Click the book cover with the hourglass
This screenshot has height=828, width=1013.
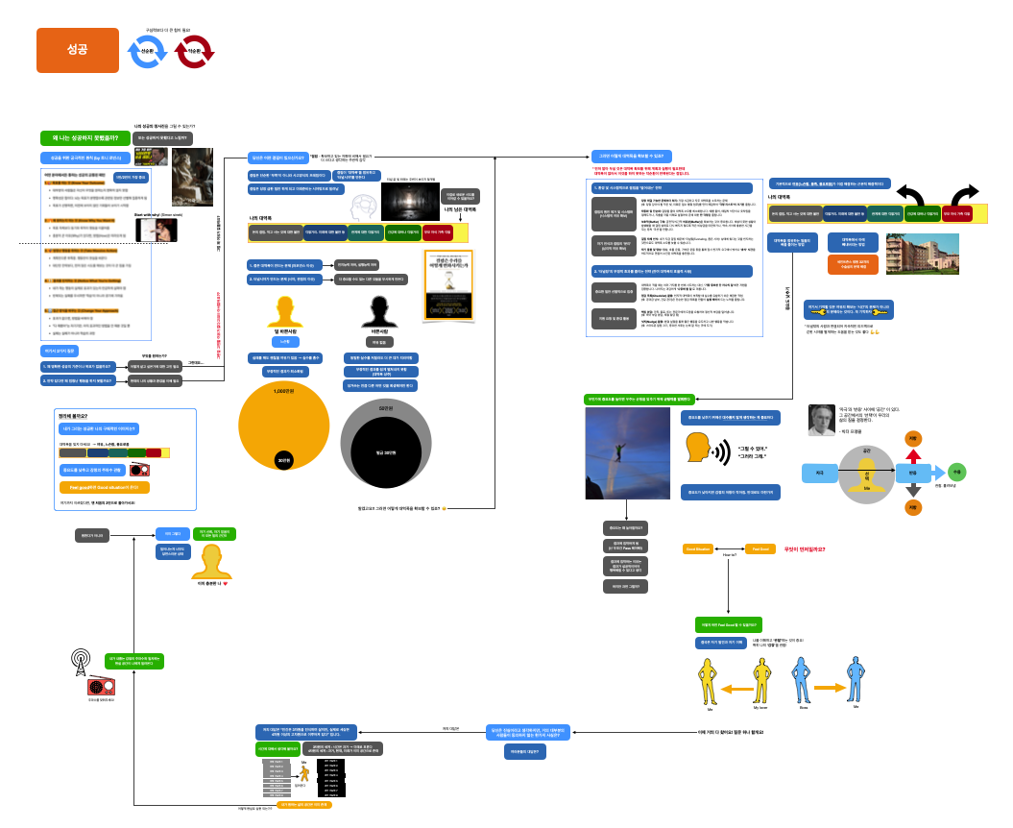(x=450, y=285)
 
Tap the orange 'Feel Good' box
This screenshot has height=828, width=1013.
(x=760, y=548)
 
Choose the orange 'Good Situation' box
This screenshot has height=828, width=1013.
(x=697, y=548)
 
